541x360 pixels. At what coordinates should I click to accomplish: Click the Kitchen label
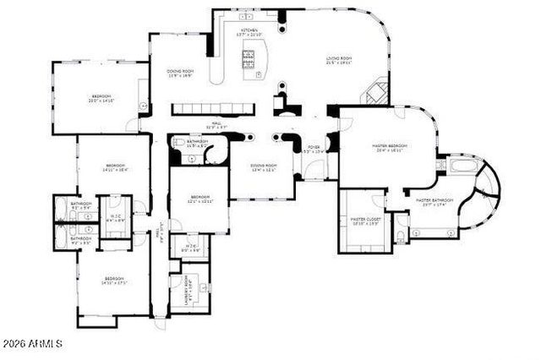[x=249, y=32]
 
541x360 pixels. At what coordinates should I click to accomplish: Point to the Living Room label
[x=339, y=59]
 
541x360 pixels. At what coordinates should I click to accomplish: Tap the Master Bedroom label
[x=391, y=148]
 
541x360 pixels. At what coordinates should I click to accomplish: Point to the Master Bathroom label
[x=435, y=202]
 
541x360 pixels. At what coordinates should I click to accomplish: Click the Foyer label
[x=313, y=149]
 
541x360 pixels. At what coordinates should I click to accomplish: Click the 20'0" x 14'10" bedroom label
[x=101, y=99]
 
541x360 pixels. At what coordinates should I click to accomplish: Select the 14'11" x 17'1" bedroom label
[x=114, y=281]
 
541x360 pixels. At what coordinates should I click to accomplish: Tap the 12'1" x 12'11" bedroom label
[x=199, y=199]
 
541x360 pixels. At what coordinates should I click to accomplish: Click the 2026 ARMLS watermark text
[x=32, y=344]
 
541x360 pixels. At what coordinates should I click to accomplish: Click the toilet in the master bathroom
[x=401, y=231]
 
